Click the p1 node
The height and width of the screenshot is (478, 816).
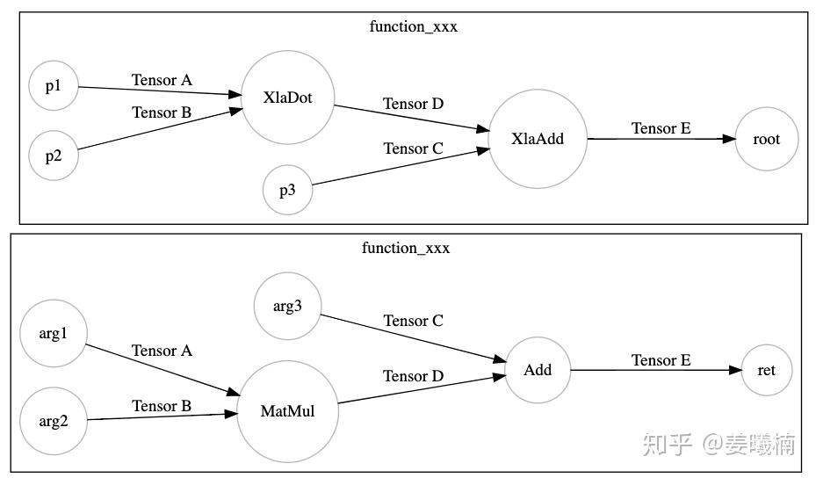tap(54, 86)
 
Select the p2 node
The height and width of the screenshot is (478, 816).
tap(54, 156)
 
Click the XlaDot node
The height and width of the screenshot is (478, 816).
tap(287, 97)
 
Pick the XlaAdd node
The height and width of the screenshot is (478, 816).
tap(538, 138)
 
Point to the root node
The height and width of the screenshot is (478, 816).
tap(766, 138)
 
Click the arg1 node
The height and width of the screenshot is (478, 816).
tap(54, 334)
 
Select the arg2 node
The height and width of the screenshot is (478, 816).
tap(54, 421)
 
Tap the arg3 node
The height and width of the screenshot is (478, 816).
tap(287, 306)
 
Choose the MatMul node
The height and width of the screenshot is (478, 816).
tap(287, 411)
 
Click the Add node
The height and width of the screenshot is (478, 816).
tap(538, 370)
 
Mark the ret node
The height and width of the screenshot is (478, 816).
tap(766, 370)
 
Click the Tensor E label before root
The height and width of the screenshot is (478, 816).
tap(661, 128)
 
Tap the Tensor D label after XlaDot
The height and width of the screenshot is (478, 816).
tap(413, 104)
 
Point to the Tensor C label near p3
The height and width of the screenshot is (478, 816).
tap(413, 148)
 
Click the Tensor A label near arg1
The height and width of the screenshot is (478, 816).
tap(162, 351)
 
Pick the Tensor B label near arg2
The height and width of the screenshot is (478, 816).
tap(162, 406)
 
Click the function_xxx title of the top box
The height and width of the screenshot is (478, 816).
tap(414, 26)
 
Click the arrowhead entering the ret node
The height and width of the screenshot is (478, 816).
tap(735, 370)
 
